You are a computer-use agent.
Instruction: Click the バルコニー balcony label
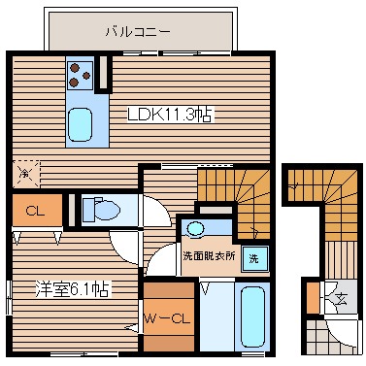click(138, 31)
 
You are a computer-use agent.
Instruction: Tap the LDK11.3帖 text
click(171, 114)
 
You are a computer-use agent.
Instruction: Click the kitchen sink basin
click(81, 123)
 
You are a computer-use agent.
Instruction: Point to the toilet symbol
click(102, 209)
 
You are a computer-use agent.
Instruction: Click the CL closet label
click(35, 209)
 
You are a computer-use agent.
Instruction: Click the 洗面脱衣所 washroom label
click(204, 257)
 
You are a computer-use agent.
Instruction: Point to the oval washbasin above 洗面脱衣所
click(197, 229)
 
